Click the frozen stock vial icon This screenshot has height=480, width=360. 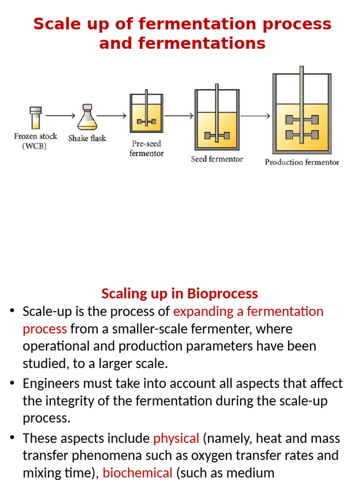(36, 118)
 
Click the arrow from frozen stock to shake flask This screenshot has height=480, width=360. (60, 115)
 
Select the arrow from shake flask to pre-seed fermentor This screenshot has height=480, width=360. (112, 115)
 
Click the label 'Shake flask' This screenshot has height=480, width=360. (87, 138)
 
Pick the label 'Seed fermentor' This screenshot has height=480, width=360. (217, 159)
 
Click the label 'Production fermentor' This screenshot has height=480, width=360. (302, 162)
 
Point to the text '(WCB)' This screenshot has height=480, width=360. (35, 146)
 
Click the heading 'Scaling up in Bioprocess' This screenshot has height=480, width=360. (180, 293)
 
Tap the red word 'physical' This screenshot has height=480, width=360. (176, 438)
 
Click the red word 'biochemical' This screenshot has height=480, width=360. (137, 472)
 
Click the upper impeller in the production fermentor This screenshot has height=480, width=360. (302, 120)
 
